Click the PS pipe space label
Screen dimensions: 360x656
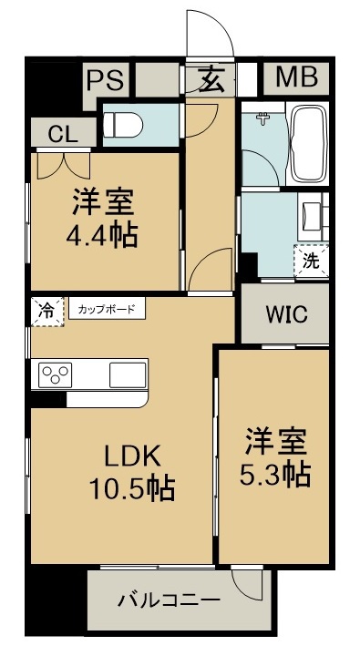[x=106, y=80]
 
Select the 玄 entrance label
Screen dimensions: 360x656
[x=211, y=79]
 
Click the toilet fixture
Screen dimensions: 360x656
[x=123, y=125]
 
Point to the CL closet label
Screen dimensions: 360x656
[x=63, y=134]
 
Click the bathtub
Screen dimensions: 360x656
[x=309, y=143]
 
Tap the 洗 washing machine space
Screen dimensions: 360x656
[x=311, y=261]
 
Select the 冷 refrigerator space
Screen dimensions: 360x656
[x=47, y=312]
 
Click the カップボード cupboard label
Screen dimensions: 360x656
[x=107, y=310]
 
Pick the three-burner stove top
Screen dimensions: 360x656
[x=55, y=374]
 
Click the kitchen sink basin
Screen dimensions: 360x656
[x=128, y=374]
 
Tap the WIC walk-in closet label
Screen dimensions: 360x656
[x=287, y=314]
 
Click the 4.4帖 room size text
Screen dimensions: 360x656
[x=102, y=236]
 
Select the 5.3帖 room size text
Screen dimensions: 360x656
[x=275, y=475]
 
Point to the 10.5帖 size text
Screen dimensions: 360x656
[x=132, y=488]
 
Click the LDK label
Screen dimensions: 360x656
[x=132, y=456]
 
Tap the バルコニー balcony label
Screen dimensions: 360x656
[x=169, y=601]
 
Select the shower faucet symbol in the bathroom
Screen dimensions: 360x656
[x=263, y=118]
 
